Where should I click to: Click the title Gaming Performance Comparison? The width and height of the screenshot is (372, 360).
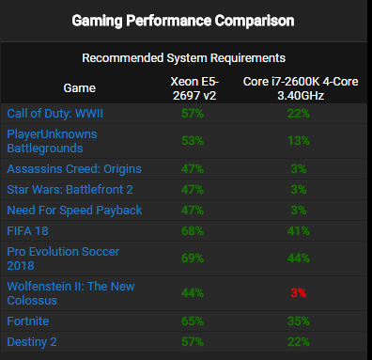pyautogui.click(x=186, y=20)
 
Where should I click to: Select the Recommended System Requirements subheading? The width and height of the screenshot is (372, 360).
pyautogui.click(x=185, y=58)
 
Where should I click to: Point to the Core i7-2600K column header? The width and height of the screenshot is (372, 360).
pyautogui.click(x=298, y=86)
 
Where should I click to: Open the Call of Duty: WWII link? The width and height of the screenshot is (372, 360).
pyautogui.click(x=56, y=114)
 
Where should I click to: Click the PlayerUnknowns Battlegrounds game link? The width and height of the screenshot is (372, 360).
pyautogui.click(x=53, y=141)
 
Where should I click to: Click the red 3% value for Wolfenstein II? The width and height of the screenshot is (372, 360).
pyautogui.click(x=298, y=293)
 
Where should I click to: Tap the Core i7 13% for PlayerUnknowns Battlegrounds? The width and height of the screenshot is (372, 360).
pyautogui.click(x=298, y=141)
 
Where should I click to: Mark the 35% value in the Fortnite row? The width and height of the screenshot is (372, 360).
pyautogui.click(x=298, y=321)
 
